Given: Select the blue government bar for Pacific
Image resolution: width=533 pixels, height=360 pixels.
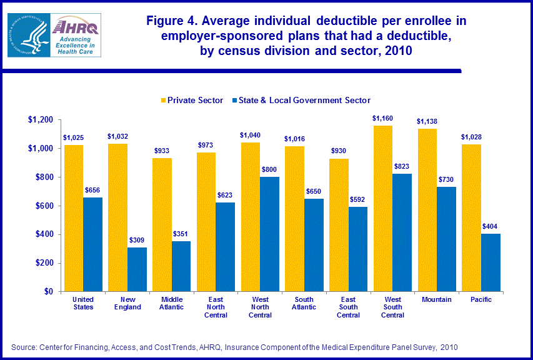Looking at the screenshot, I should pyautogui.click(x=491, y=262).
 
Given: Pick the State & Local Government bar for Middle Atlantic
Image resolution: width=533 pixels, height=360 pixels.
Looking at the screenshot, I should pyautogui.click(x=181, y=266).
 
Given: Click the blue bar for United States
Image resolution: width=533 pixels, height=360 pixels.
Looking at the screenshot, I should pyautogui.click(x=92, y=244).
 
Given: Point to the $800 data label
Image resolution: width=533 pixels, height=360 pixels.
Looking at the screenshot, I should pyautogui.click(x=270, y=169).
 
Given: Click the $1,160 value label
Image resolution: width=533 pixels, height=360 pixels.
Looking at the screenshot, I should pyautogui.click(x=382, y=117).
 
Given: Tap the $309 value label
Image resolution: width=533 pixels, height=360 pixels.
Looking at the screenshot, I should pyautogui.click(x=137, y=239).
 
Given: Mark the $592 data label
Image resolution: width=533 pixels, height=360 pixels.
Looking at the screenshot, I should pyautogui.click(x=358, y=199).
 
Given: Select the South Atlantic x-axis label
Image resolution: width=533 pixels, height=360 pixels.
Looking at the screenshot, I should pyautogui.click(x=303, y=303).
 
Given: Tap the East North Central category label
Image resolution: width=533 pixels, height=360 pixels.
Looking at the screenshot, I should pyautogui.click(x=215, y=307).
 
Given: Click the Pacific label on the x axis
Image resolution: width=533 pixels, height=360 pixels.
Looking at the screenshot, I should pyautogui.click(x=481, y=300).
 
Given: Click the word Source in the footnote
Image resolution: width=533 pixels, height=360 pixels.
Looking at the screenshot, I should pyautogui.click(x=24, y=347).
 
